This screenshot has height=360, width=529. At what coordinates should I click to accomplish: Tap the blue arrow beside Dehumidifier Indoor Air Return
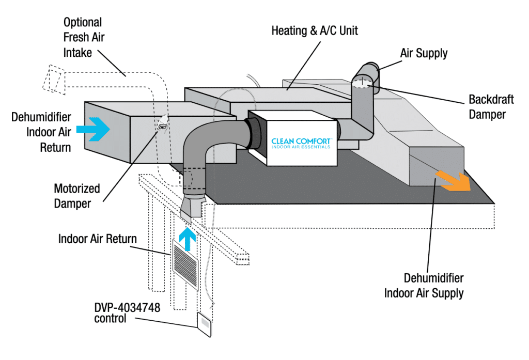(x=94, y=129)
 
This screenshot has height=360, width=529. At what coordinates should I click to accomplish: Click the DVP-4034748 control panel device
(x=205, y=325)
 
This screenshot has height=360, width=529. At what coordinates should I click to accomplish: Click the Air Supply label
(x=424, y=53)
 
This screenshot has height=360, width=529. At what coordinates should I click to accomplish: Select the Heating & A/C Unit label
(x=315, y=30)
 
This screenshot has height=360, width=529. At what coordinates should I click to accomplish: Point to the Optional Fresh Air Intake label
(x=83, y=38)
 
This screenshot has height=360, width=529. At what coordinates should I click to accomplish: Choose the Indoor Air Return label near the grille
(x=98, y=239)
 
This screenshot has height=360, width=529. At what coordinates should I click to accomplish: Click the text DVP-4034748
(x=127, y=308)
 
